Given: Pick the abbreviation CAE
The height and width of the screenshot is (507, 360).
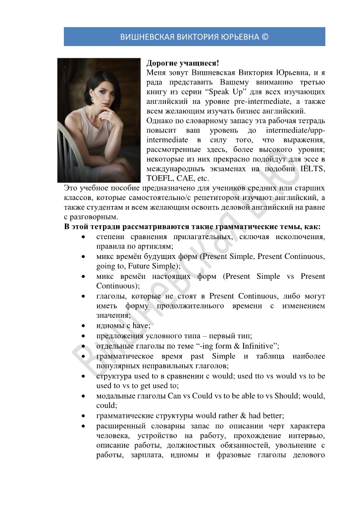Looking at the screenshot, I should [x=184, y=178].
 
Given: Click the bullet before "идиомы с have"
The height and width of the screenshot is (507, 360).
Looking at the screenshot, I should [x=83, y=325].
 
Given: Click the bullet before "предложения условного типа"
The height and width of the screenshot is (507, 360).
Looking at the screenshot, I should [x=83, y=335].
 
